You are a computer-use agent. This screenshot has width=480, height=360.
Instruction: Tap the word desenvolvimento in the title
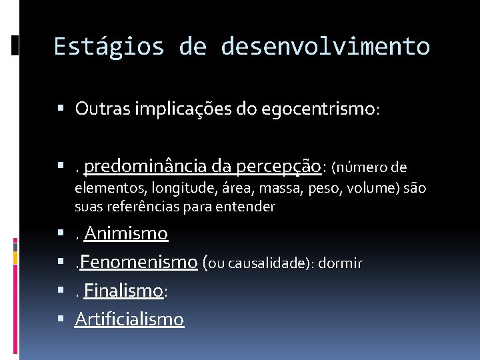pos(325,47)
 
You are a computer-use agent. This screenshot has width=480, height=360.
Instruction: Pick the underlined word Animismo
pos(126,233)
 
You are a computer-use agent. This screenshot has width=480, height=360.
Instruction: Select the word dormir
pos(340,263)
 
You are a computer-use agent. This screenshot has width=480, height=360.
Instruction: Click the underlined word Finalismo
pos(123,291)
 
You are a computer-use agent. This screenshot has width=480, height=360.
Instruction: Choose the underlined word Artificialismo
pos(129,319)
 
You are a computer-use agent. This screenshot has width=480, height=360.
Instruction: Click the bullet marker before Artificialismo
pos(61,319)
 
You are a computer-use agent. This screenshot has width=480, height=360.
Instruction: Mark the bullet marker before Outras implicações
pos(61,108)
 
